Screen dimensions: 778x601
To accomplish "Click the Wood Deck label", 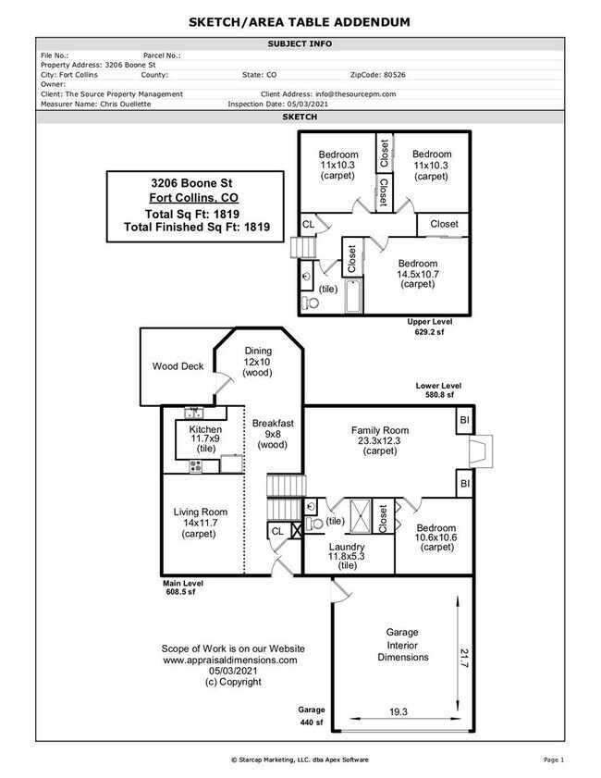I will pos(178,366).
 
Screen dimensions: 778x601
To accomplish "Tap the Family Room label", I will pos(380,430).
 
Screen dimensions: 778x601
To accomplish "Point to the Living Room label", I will pos(201,512).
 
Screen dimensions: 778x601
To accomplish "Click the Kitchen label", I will pos(205,430).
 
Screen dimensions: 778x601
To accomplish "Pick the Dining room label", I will pos(258,351).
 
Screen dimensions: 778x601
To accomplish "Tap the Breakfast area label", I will pos(273,423).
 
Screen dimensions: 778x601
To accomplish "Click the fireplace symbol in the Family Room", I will pos(476,451).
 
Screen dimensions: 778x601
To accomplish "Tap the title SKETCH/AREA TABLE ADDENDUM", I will pos(300,21).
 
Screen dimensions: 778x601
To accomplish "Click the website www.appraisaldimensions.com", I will pos(230,660).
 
